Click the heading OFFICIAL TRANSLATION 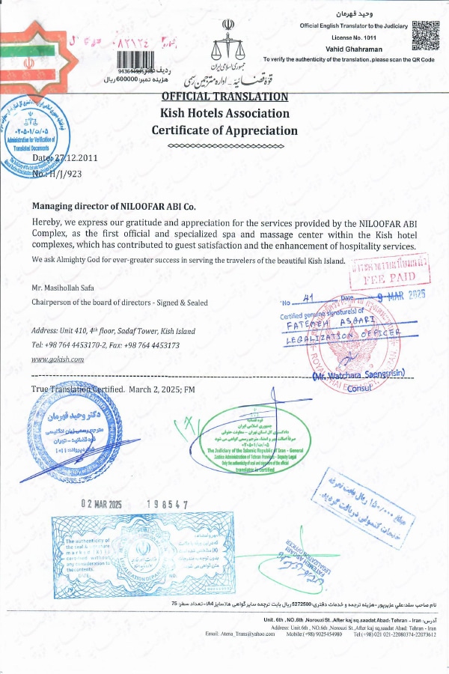224,97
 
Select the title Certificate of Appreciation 224,130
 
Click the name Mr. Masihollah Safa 63,288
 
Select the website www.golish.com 58,359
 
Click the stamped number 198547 168,505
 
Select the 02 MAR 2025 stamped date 101,505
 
